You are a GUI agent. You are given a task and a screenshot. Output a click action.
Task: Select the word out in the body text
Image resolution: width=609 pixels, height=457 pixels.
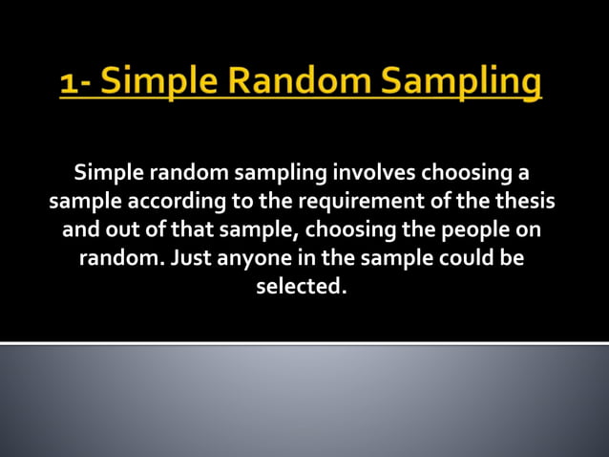(x=119, y=230)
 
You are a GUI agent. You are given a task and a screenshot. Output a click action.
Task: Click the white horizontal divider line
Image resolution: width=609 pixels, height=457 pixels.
(x=304, y=341)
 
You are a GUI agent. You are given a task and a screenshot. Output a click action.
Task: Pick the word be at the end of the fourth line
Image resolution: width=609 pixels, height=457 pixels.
(x=513, y=258)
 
